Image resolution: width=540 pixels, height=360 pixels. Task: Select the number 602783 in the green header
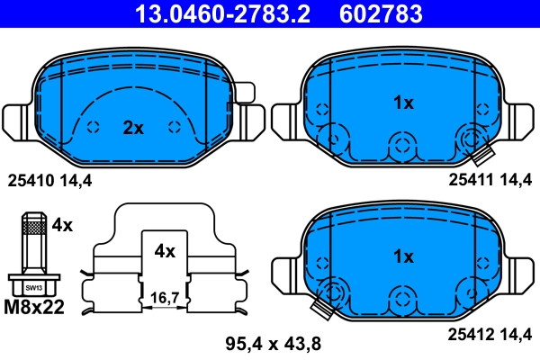[x=382, y=13]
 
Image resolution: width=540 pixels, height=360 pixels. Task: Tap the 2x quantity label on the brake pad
[x=133, y=128]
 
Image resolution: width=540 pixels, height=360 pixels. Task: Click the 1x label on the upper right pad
[x=403, y=103]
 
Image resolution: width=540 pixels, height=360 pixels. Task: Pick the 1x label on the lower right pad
[x=403, y=256]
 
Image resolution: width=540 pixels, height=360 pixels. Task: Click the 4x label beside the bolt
[x=61, y=223]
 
